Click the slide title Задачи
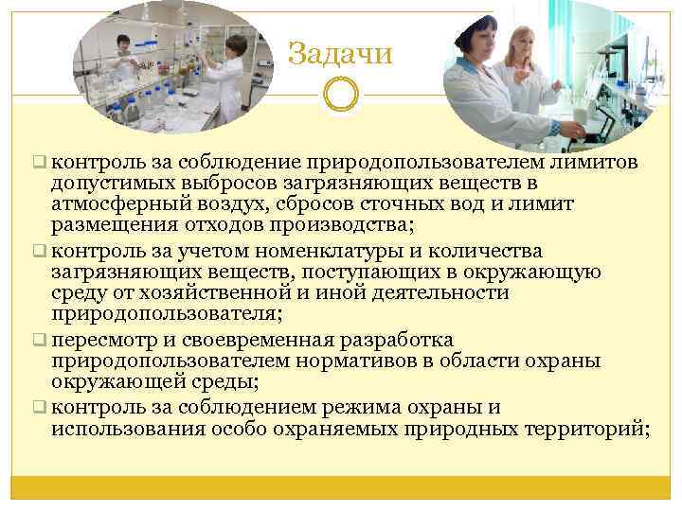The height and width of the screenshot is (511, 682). [x=340, y=53]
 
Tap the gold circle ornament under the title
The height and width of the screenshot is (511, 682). [x=340, y=95]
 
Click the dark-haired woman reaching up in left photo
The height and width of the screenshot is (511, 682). [x=232, y=76]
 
